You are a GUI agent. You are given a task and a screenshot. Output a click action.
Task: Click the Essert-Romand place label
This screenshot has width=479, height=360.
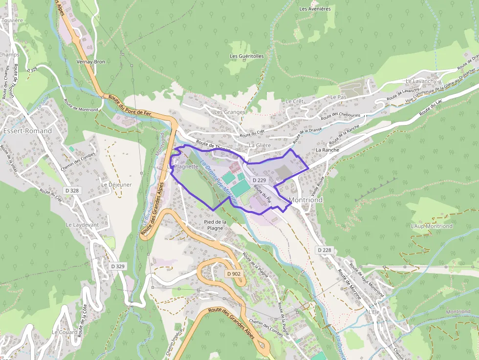pos(27,131)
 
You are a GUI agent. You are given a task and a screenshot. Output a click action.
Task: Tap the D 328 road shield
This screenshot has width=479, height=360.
pos(71,190)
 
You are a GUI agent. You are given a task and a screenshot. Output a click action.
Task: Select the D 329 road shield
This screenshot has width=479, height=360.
pos(118,266)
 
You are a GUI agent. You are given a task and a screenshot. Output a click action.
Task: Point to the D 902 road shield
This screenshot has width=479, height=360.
pos(234,274)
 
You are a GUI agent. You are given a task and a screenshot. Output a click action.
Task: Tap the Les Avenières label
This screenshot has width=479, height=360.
pos(315,9)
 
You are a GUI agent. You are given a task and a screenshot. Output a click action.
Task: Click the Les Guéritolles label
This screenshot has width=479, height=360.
pos(247,56)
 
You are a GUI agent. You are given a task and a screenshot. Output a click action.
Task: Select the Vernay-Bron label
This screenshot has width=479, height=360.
pos(91,62)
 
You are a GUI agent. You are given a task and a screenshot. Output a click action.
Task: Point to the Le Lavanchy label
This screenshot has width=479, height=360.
pos(420,81)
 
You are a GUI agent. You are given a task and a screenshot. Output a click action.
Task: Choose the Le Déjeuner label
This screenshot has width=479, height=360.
pos(116,185)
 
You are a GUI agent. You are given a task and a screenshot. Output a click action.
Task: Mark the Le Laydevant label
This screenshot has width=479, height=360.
pos(82,225)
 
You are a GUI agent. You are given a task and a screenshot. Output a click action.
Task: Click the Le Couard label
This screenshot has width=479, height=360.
pos(65,332)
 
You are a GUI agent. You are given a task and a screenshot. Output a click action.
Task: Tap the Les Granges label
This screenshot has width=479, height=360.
pos(229,112)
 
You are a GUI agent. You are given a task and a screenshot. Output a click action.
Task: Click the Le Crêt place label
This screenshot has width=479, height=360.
pos(295,101)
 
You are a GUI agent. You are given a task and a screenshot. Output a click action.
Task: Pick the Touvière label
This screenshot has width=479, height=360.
pos(12,21)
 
